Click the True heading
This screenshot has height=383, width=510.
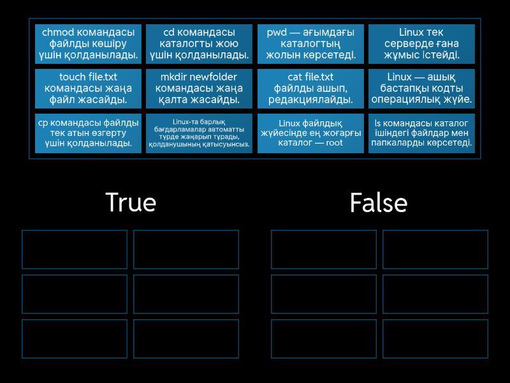click(131, 202)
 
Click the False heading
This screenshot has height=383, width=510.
click(378, 202)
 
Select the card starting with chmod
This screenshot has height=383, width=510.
click(88, 44)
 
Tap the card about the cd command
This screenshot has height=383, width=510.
click(199, 44)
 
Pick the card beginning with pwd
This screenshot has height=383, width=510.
click(310, 44)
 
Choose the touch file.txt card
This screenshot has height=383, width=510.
click(88, 89)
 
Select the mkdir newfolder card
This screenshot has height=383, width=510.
click(199, 89)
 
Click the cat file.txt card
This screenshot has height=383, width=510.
click(310, 89)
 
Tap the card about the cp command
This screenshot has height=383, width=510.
click(88, 133)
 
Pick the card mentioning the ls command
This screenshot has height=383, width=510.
click(421, 133)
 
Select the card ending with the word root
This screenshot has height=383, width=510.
click(310, 133)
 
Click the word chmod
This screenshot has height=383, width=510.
click(58, 33)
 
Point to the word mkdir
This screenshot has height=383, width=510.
click(173, 77)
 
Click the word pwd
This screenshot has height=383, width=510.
click(277, 33)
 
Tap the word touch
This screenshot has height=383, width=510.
click(72, 77)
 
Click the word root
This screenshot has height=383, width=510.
click(334, 142)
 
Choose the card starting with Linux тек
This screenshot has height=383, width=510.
click(421, 44)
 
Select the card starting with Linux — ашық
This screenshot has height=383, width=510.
click(421, 89)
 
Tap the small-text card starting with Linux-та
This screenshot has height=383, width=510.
click(199, 133)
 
